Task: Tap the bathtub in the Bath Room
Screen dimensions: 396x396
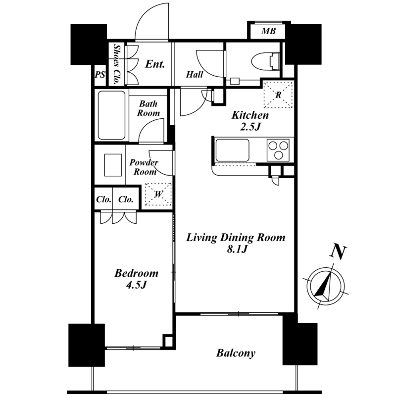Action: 112,115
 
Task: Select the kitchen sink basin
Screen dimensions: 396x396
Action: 232,150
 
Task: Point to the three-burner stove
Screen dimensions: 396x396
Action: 278,150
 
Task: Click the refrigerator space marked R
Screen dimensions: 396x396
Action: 278,95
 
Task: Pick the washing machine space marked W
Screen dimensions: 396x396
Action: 158,194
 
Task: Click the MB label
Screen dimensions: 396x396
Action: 268,31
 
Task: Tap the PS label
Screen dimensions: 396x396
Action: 100,75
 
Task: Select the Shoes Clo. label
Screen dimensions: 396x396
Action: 116,64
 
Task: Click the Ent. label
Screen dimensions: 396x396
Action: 155,64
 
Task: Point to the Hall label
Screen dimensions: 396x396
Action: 195,75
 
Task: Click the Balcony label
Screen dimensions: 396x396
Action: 236,353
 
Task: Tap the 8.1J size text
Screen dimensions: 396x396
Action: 237,249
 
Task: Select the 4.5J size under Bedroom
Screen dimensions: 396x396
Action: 137,285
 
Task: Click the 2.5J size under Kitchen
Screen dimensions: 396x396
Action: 250,127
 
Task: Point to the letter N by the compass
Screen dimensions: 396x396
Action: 338,252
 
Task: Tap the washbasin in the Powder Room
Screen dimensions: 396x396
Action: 113,165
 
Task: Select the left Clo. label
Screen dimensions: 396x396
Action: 104,199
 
